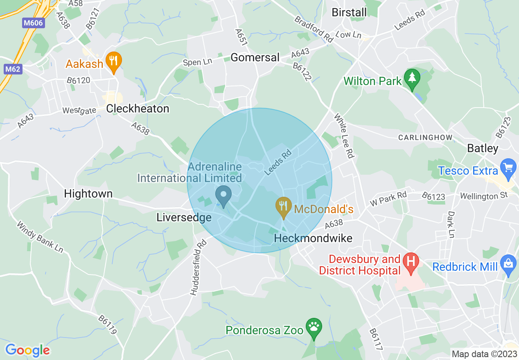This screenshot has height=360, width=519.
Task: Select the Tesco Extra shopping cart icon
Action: (509, 169)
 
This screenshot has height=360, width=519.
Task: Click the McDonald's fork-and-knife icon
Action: (283, 207)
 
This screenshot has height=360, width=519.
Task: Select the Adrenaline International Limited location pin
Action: (223, 195)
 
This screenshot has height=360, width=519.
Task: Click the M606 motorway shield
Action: (33, 23)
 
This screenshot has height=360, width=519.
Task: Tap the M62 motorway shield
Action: (13, 69)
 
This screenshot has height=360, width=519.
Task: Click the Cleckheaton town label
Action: (138, 109)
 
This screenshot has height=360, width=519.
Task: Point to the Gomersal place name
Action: (255, 58)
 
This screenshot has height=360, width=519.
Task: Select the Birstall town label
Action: (349, 12)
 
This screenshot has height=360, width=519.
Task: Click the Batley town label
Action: (483, 148)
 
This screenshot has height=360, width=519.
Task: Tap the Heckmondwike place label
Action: (313, 238)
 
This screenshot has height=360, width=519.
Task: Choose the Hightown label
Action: (88, 193)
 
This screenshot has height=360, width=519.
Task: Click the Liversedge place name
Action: (184, 218)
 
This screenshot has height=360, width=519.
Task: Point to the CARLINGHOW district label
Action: (425, 137)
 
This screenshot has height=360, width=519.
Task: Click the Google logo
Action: (27, 350)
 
